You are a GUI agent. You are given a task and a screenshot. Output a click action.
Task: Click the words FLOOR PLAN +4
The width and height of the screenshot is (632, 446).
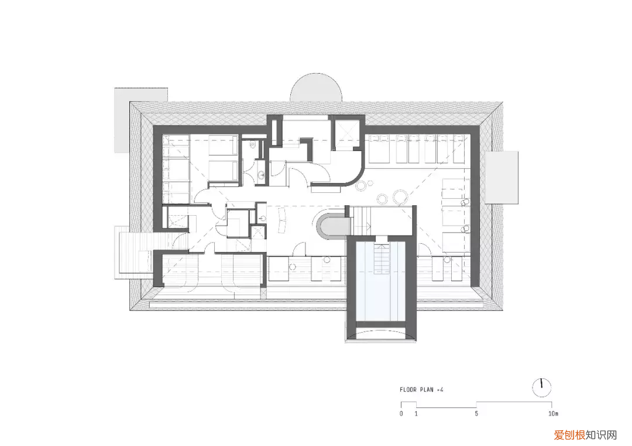click(x=421, y=390)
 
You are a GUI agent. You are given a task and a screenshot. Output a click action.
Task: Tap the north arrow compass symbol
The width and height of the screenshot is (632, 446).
click(x=541, y=388)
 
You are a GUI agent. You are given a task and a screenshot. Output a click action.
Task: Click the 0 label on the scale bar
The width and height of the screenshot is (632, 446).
click(x=401, y=414)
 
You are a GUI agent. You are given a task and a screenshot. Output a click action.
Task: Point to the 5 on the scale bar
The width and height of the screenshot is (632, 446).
click(x=476, y=414)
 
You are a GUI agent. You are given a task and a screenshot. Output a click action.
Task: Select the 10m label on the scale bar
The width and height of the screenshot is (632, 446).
click(x=554, y=414)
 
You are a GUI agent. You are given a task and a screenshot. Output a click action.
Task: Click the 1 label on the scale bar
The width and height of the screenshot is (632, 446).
click(x=417, y=414)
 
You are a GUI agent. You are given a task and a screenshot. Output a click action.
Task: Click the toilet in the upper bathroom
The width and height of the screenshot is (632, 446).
click(x=254, y=145)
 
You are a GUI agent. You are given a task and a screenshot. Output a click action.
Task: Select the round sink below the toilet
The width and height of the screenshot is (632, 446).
click(x=261, y=175)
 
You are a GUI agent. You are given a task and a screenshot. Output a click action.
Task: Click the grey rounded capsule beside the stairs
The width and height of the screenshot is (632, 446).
click(x=331, y=224)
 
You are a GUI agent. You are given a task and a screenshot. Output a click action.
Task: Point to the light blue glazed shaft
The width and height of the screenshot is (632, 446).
click(x=380, y=282)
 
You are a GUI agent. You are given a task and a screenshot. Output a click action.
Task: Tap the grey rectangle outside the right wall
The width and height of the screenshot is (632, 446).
click(x=502, y=178)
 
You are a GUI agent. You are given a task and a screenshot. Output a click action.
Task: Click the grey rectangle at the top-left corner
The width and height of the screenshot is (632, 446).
click(x=140, y=120)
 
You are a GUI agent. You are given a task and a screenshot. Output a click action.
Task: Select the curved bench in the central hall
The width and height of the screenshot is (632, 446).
click(x=281, y=220)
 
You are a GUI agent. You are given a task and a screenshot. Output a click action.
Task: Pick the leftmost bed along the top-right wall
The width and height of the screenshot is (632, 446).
click(x=379, y=149)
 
